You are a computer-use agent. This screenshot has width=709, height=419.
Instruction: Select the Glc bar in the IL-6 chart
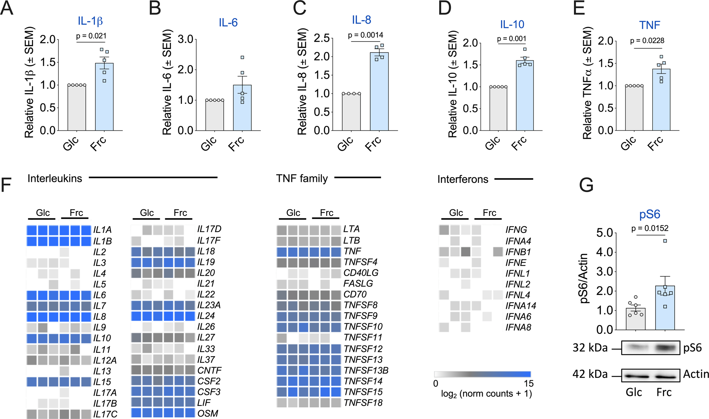click(x=214, y=115)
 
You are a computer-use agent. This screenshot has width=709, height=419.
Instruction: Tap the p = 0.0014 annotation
click(x=365, y=35)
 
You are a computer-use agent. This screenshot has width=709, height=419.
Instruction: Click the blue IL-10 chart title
click(x=512, y=24)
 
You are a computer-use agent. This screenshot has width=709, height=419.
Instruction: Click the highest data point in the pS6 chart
click(x=665, y=241)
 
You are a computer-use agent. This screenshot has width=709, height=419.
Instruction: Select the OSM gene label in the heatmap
click(x=208, y=413)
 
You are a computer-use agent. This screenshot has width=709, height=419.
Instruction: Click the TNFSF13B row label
click(x=366, y=370)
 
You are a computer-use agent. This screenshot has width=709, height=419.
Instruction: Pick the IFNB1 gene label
click(x=518, y=252)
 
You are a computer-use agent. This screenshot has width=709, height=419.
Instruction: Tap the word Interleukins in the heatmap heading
click(x=55, y=178)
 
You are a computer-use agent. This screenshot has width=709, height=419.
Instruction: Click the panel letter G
click(x=586, y=185)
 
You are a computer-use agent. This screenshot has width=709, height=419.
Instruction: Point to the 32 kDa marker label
click(x=590, y=348)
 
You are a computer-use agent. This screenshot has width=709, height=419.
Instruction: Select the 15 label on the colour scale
click(x=529, y=384)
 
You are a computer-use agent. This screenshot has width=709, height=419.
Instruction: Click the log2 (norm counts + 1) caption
click(x=486, y=394)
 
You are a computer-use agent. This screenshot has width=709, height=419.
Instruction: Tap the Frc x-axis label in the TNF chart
click(x=655, y=144)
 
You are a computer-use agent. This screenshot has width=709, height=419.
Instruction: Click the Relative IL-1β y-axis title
click(x=29, y=82)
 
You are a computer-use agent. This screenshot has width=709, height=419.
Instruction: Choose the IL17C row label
click(x=105, y=414)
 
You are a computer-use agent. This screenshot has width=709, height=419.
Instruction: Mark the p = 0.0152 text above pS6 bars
click(x=650, y=229)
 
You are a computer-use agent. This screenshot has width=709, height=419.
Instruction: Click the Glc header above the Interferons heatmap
click(x=456, y=213)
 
